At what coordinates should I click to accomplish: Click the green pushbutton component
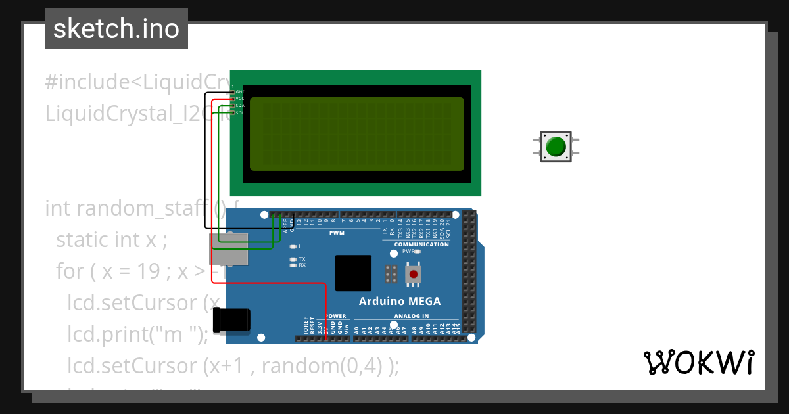pyautogui.click(x=556, y=146)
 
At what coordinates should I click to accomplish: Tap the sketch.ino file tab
pyautogui.click(x=116, y=29)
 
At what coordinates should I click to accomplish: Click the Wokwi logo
pyautogui.click(x=698, y=363)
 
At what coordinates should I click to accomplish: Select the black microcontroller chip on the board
pyautogui.click(x=353, y=273)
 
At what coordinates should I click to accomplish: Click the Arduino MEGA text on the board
pyautogui.click(x=399, y=302)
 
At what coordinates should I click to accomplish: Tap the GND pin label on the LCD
pyautogui.click(x=240, y=92)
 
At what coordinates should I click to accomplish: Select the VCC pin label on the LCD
pyautogui.click(x=240, y=99)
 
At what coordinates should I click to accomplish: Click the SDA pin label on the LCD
pyautogui.click(x=240, y=106)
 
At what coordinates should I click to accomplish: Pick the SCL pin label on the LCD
pyautogui.click(x=240, y=113)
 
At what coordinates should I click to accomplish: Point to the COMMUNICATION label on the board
pyautogui.click(x=421, y=244)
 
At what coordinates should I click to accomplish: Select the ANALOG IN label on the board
pyautogui.click(x=411, y=316)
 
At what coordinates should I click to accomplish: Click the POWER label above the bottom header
pyautogui.click(x=335, y=316)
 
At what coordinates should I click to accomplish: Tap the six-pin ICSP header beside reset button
pyautogui.click(x=391, y=274)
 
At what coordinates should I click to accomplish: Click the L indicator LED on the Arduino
pyautogui.click(x=293, y=246)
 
